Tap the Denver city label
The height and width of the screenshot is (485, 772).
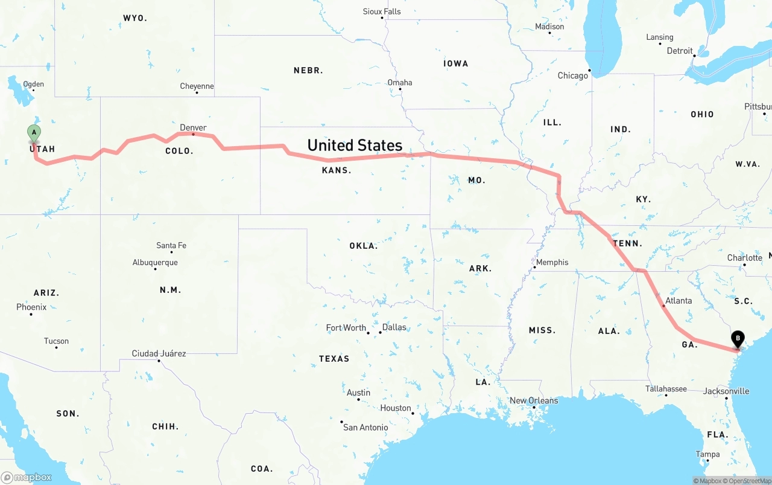click(x=193, y=127)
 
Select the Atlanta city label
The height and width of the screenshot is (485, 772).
click(x=679, y=300)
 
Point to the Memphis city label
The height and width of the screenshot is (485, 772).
click(x=552, y=262)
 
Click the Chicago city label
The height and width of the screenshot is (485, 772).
click(x=572, y=75)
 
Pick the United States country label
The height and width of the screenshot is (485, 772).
click(x=355, y=145)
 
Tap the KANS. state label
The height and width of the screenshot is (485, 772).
click(x=337, y=170)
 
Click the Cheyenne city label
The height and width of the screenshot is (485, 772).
click(x=197, y=86)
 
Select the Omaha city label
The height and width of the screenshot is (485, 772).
click(x=400, y=82)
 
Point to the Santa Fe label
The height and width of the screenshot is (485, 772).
click(x=171, y=245)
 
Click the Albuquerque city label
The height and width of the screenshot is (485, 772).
click(x=155, y=262)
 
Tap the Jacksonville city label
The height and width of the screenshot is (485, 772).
click(x=726, y=391)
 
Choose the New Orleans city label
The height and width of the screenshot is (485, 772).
click(x=534, y=400)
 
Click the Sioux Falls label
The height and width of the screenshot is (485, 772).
click(x=382, y=11)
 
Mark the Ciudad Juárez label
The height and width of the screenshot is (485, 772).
click(x=159, y=353)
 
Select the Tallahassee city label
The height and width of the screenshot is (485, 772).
click(x=666, y=388)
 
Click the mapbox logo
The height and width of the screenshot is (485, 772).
click(x=27, y=477)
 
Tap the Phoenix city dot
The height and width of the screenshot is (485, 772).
click(x=22, y=315)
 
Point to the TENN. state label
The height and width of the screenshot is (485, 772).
click(x=627, y=243)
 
